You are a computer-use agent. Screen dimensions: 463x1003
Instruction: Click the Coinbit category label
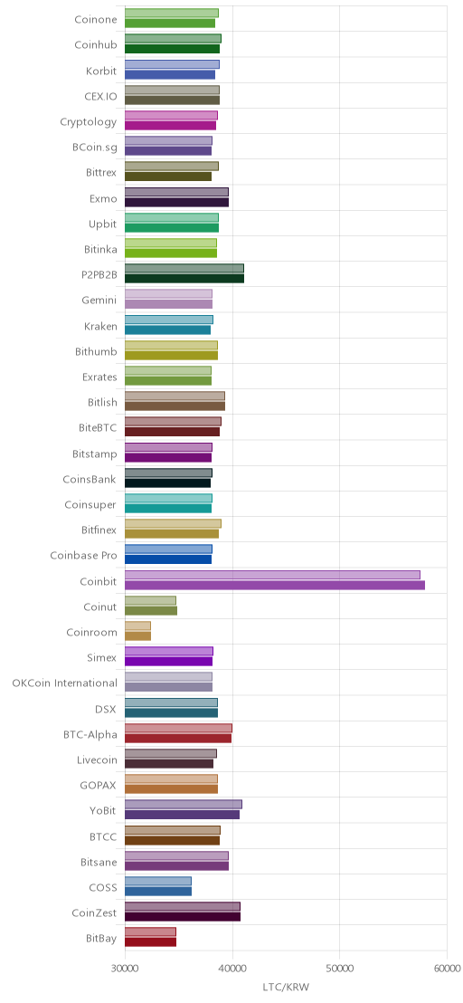[x=99, y=581]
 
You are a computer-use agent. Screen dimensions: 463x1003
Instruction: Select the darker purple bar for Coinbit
[x=275, y=586]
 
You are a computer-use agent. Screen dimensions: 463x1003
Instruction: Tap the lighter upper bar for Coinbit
[x=273, y=575]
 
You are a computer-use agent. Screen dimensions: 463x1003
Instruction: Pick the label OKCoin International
[x=64, y=683]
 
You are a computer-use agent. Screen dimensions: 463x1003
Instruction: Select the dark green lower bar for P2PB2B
[x=184, y=279]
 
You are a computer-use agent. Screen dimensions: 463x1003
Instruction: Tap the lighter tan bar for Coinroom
[x=138, y=626]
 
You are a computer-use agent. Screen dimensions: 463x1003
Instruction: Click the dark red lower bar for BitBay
[x=151, y=942]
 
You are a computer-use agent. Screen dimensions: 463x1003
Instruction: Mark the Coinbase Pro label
[x=84, y=556]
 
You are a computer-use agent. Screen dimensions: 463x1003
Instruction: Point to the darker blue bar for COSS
[x=158, y=892]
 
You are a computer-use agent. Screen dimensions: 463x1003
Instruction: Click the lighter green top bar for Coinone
[x=172, y=13]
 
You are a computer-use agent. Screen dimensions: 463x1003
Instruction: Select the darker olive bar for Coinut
[x=151, y=611]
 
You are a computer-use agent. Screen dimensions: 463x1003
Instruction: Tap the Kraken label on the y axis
[x=101, y=326]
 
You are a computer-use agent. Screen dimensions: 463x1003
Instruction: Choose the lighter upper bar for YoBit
[x=184, y=805]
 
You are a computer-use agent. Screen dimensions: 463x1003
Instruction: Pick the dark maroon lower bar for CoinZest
[x=183, y=917]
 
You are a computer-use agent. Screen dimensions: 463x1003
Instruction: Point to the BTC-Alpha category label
[x=90, y=734]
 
